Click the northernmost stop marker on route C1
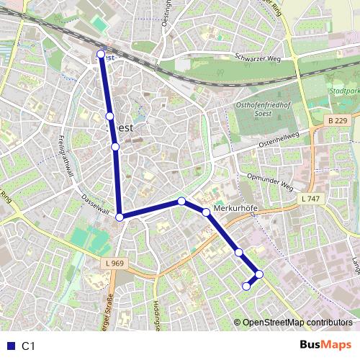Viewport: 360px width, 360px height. [x=100, y=54]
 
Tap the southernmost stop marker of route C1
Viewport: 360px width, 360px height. [x=246, y=286]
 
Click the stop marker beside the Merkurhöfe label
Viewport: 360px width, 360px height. [x=206, y=212]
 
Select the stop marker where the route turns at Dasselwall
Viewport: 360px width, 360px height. [x=120, y=216]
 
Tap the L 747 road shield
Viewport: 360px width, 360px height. [x=312, y=198]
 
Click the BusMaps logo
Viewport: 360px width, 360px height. [x=325, y=346]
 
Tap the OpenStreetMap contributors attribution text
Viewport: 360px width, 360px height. [x=297, y=322]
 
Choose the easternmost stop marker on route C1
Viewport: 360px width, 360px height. [x=259, y=274]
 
